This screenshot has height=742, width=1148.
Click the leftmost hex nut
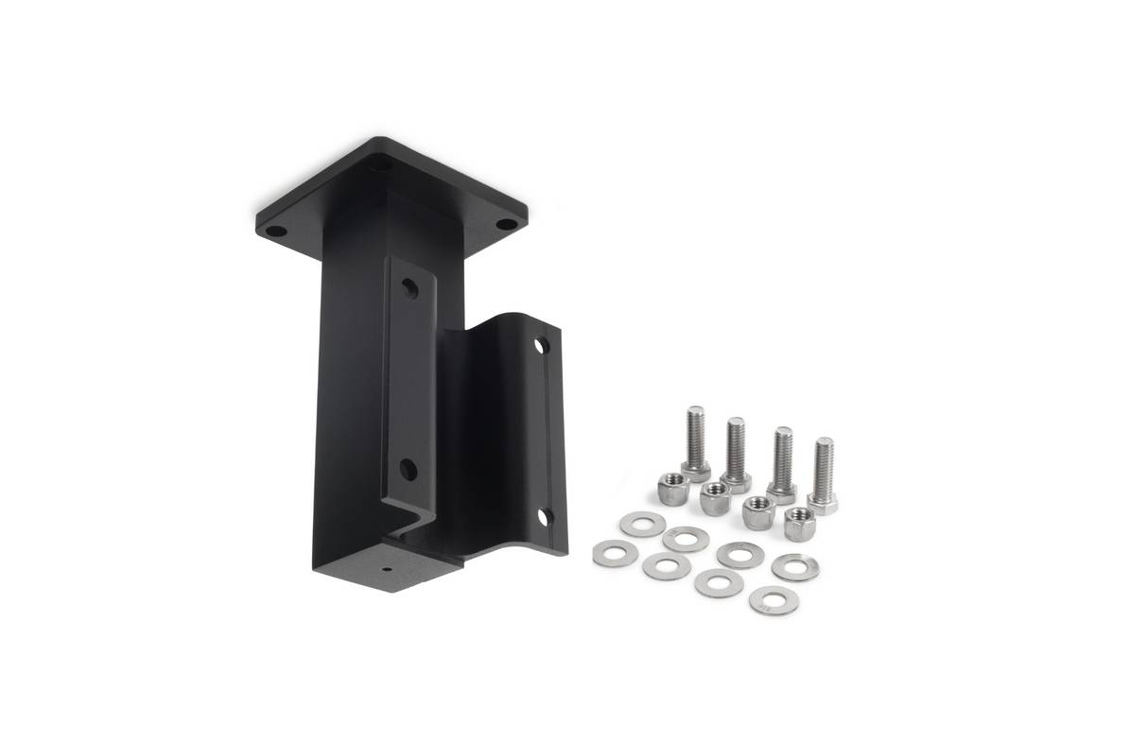pyautogui.click(x=673, y=489)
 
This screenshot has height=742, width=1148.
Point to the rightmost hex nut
pyautogui.click(x=800, y=523)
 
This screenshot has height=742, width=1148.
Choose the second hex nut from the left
pyautogui.click(x=715, y=497)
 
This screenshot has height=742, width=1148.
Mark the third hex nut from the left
pyautogui.click(x=758, y=511)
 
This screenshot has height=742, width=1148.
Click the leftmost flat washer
pyautogui.click(x=615, y=553)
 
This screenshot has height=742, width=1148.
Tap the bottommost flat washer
pyautogui.click(x=774, y=600)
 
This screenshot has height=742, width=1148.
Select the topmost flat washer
pyautogui.click(x=643, y=524)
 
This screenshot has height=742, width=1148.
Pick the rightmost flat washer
pyautogui.click(x=795, y=567)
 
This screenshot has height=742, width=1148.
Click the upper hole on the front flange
pyautogui.click(x=409, y=288)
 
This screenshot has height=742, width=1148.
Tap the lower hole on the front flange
pyautogui.click(x=409, y=468)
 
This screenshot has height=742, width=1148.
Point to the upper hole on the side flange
pyautogui.click(x=542, y=346)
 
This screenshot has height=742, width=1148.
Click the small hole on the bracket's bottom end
pyautogui.click(x=387, y=571)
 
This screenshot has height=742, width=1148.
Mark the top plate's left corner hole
pyautogui.click(x=275, y=230)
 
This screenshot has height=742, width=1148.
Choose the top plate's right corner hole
pyautogui.click(x=507, y=225)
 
